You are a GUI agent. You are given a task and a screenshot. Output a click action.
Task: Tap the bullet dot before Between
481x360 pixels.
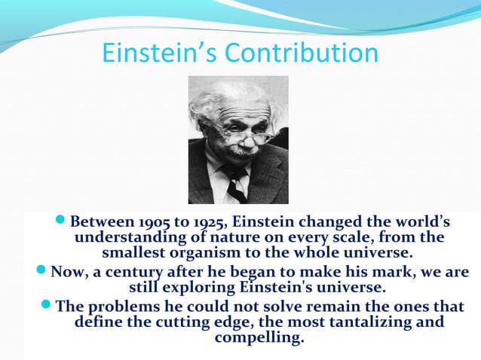pyautogui.click(x=62, y=222)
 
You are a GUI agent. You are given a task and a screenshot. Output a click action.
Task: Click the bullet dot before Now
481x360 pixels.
pyautogui.click(x=41, y=271)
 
